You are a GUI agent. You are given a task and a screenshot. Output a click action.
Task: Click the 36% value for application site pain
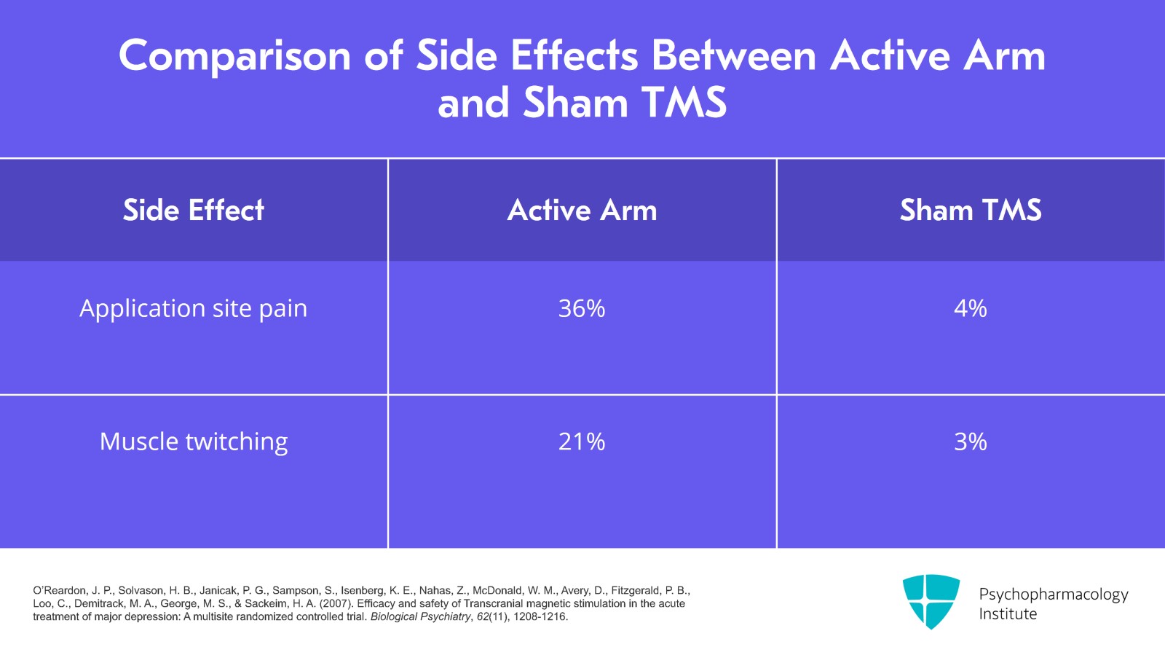coord(581,309)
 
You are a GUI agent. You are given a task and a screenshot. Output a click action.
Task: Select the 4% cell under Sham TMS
coord(970,309)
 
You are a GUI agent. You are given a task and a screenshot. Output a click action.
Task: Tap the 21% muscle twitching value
coord(581,442)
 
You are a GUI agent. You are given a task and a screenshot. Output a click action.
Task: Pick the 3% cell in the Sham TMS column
coord(970,442)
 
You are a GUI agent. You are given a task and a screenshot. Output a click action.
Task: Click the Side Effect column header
coord(193,211)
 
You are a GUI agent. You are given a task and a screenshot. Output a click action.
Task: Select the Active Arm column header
coord(582,211)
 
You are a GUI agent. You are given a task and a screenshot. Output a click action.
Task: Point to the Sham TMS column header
coord(970,211)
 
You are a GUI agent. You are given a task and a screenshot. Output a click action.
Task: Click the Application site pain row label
coord(193,309)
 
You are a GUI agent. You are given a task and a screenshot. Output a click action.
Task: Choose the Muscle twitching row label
coord(193,442)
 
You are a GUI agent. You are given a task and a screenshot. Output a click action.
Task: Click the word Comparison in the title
coord(234,56)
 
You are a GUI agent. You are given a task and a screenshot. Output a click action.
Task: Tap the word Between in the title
coord(733,56)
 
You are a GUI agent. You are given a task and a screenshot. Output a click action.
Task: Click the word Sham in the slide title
coord(574,103)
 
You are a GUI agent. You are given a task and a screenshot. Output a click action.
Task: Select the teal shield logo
coord(931,601)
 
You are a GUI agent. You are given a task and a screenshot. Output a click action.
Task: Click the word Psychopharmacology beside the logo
coord(1053,594)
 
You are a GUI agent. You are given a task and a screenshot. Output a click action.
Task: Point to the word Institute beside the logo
coord(1007,614)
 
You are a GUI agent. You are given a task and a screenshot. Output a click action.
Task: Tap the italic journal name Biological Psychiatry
coord(420,617)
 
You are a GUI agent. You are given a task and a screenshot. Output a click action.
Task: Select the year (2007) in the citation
coord(336,604)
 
